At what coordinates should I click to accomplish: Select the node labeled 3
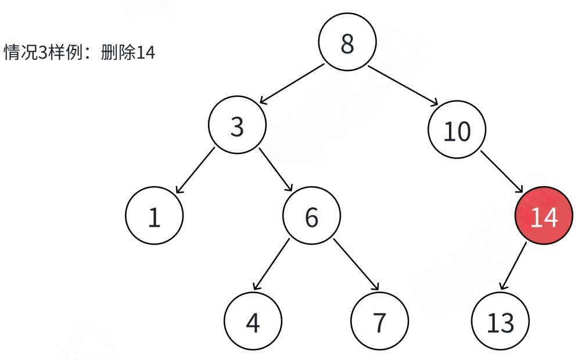coord(237,126)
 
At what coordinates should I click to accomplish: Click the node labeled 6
coord(311,216)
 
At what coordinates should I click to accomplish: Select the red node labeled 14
coord(544,217)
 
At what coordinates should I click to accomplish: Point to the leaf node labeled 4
coord(253,322)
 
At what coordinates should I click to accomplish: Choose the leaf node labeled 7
coord(379,322)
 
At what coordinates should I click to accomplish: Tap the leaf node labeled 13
coord(500,322)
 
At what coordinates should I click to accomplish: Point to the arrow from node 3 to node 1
coord(195,170)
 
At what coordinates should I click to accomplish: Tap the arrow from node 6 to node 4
coord(271,264)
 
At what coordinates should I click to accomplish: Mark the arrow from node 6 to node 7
coord(356,264)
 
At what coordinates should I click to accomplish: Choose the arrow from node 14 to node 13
coord(513,266)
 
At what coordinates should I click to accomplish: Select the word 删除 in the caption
coord(118,53)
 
